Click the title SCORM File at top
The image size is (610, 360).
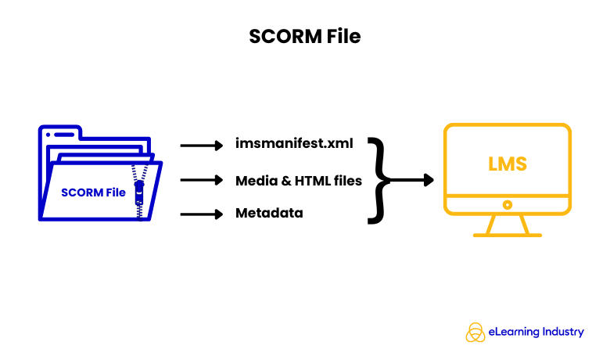(x=305, y=36)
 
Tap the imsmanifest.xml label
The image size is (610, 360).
(x=294, y=145)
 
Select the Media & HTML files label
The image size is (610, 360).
(x=299, y=181)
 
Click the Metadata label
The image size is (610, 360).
(x=269, y=213)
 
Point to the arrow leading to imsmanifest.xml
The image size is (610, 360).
(x=202, y=145)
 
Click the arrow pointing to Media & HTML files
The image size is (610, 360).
(x=202, y=180)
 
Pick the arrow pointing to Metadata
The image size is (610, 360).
(x=202, y=213)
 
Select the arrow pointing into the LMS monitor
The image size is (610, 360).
(x=411, y=180)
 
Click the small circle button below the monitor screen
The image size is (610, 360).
(x=507, y=204)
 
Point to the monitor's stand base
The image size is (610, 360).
(x=507, y=233)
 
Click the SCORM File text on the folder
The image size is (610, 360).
(x=94, y=193)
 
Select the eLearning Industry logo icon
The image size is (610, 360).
(x=475, y=332)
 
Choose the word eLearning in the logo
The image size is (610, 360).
(x=514, y=332)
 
